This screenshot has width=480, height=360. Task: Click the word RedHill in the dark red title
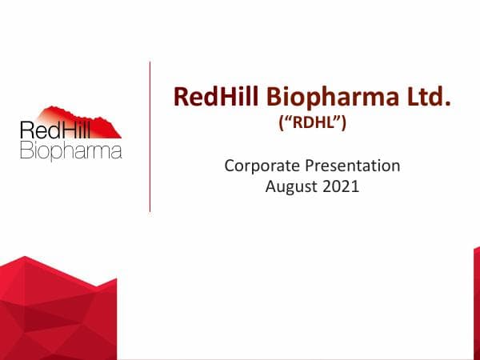pos(210,98)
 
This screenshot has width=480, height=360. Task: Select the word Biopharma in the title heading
pos(317,98)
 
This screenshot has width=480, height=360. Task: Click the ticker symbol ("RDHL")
pos(311,124)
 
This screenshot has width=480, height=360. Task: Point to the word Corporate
pos(259,166)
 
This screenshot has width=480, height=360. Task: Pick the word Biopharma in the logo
pos(70,150)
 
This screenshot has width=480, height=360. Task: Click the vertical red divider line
pos(150,136)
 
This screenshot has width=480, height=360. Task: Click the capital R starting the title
pos(182,98)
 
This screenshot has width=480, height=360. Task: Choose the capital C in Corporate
pos(230,166)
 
